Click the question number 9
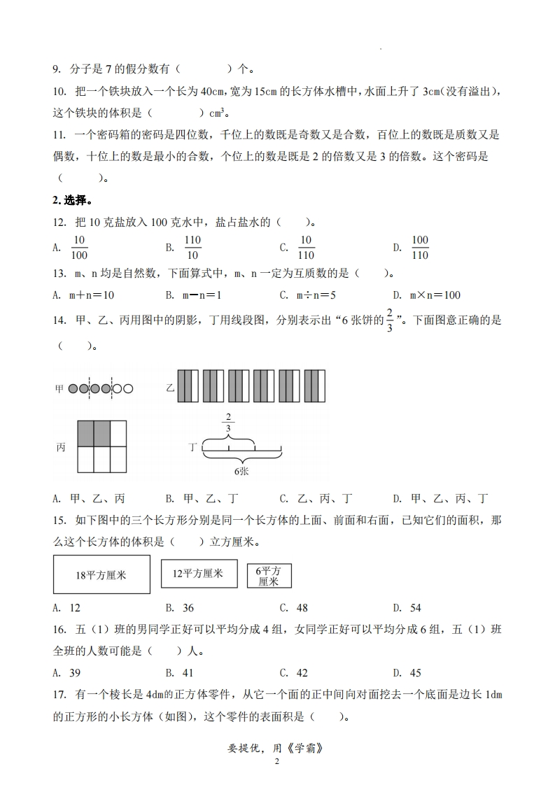[x=57, y=69]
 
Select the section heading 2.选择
[x=71, y=201]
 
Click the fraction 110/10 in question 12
[x=192, y=247]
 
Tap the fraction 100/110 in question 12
[x=419, y=247]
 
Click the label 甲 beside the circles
[x=59, y=388]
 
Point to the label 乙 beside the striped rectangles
[x=170, y=386]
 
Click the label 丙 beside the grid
[x=61, y=447]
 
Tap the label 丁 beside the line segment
[x=193, y=446]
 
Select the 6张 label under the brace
[x=241, y=472]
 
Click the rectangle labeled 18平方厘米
[x=101, y=574]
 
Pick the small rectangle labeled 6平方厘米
[x=269, y=576]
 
